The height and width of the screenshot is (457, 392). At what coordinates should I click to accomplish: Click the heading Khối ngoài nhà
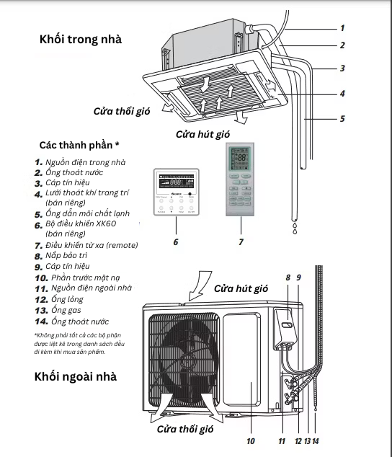pos(74,377)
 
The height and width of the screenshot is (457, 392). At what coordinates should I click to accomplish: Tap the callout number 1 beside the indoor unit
pos(343,27)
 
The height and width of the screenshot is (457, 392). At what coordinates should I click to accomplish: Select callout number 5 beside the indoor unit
pos(343,117)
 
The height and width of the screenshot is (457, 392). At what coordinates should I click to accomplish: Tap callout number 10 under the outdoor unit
pos(251,440)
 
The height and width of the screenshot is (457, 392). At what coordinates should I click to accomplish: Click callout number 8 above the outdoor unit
pos(288,277)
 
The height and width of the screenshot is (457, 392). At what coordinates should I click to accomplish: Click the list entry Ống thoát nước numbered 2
pos(76,172)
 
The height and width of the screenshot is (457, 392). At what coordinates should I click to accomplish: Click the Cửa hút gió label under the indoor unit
pos(203,134)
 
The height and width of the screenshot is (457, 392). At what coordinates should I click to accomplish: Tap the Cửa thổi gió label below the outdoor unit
pos(186,429)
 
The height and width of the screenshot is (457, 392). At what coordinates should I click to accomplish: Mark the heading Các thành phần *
pos(79,146)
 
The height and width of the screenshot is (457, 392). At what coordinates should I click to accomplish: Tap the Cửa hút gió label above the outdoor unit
pos(241,288)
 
